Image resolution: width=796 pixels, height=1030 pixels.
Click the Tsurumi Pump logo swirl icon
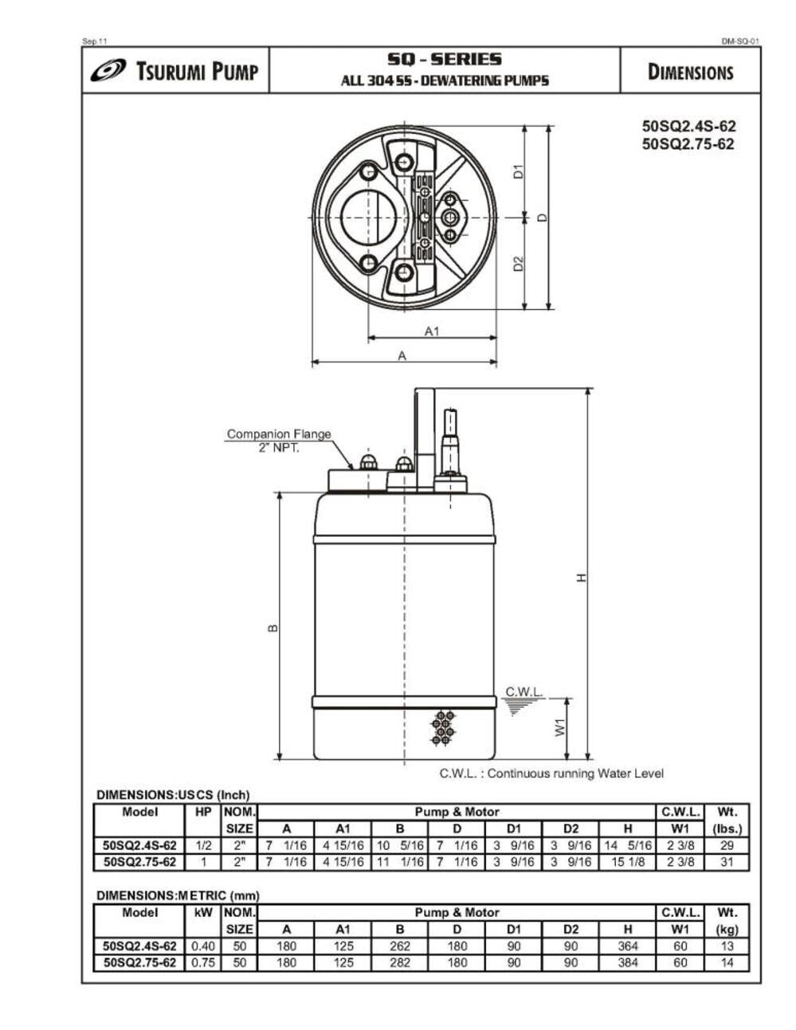point(108,71)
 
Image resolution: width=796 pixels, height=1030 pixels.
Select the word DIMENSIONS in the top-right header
point(690,72)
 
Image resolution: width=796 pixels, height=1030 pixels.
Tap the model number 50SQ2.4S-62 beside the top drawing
point(688,127)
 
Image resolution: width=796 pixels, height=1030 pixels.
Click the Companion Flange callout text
point(278,434)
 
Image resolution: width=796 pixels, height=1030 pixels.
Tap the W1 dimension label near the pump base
point(560,728)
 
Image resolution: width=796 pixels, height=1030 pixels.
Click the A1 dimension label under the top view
point(431,331)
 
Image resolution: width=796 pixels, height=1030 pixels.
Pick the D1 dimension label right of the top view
point(518,170)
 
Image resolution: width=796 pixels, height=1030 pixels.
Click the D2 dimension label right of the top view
point(518,263)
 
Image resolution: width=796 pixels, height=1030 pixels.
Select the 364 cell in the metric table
point(627,946)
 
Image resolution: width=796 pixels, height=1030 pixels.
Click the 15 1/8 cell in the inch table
point(627,862)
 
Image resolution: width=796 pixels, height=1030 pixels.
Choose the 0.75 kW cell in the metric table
point(203,962)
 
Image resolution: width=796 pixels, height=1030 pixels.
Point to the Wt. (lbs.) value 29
point(726,845)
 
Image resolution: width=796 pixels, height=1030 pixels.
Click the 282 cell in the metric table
point(400,962)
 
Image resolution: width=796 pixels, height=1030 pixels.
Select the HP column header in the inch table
point(203,812)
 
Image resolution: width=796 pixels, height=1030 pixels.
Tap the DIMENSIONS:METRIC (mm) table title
point(178,895)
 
